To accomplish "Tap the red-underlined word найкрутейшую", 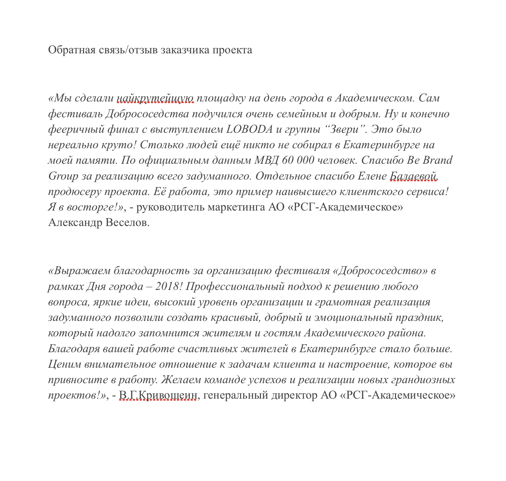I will [x=155, y=98].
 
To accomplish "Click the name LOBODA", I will [x=249, y=129].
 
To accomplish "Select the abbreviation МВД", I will [x=267, y=160].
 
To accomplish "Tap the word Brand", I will [x=437, y=160].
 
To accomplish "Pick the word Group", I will [x=63, y=176].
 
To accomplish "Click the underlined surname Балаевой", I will [x=413, y=176].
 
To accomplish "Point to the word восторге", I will [x=92, y=207].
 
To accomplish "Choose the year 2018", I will [x=167, y=286].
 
